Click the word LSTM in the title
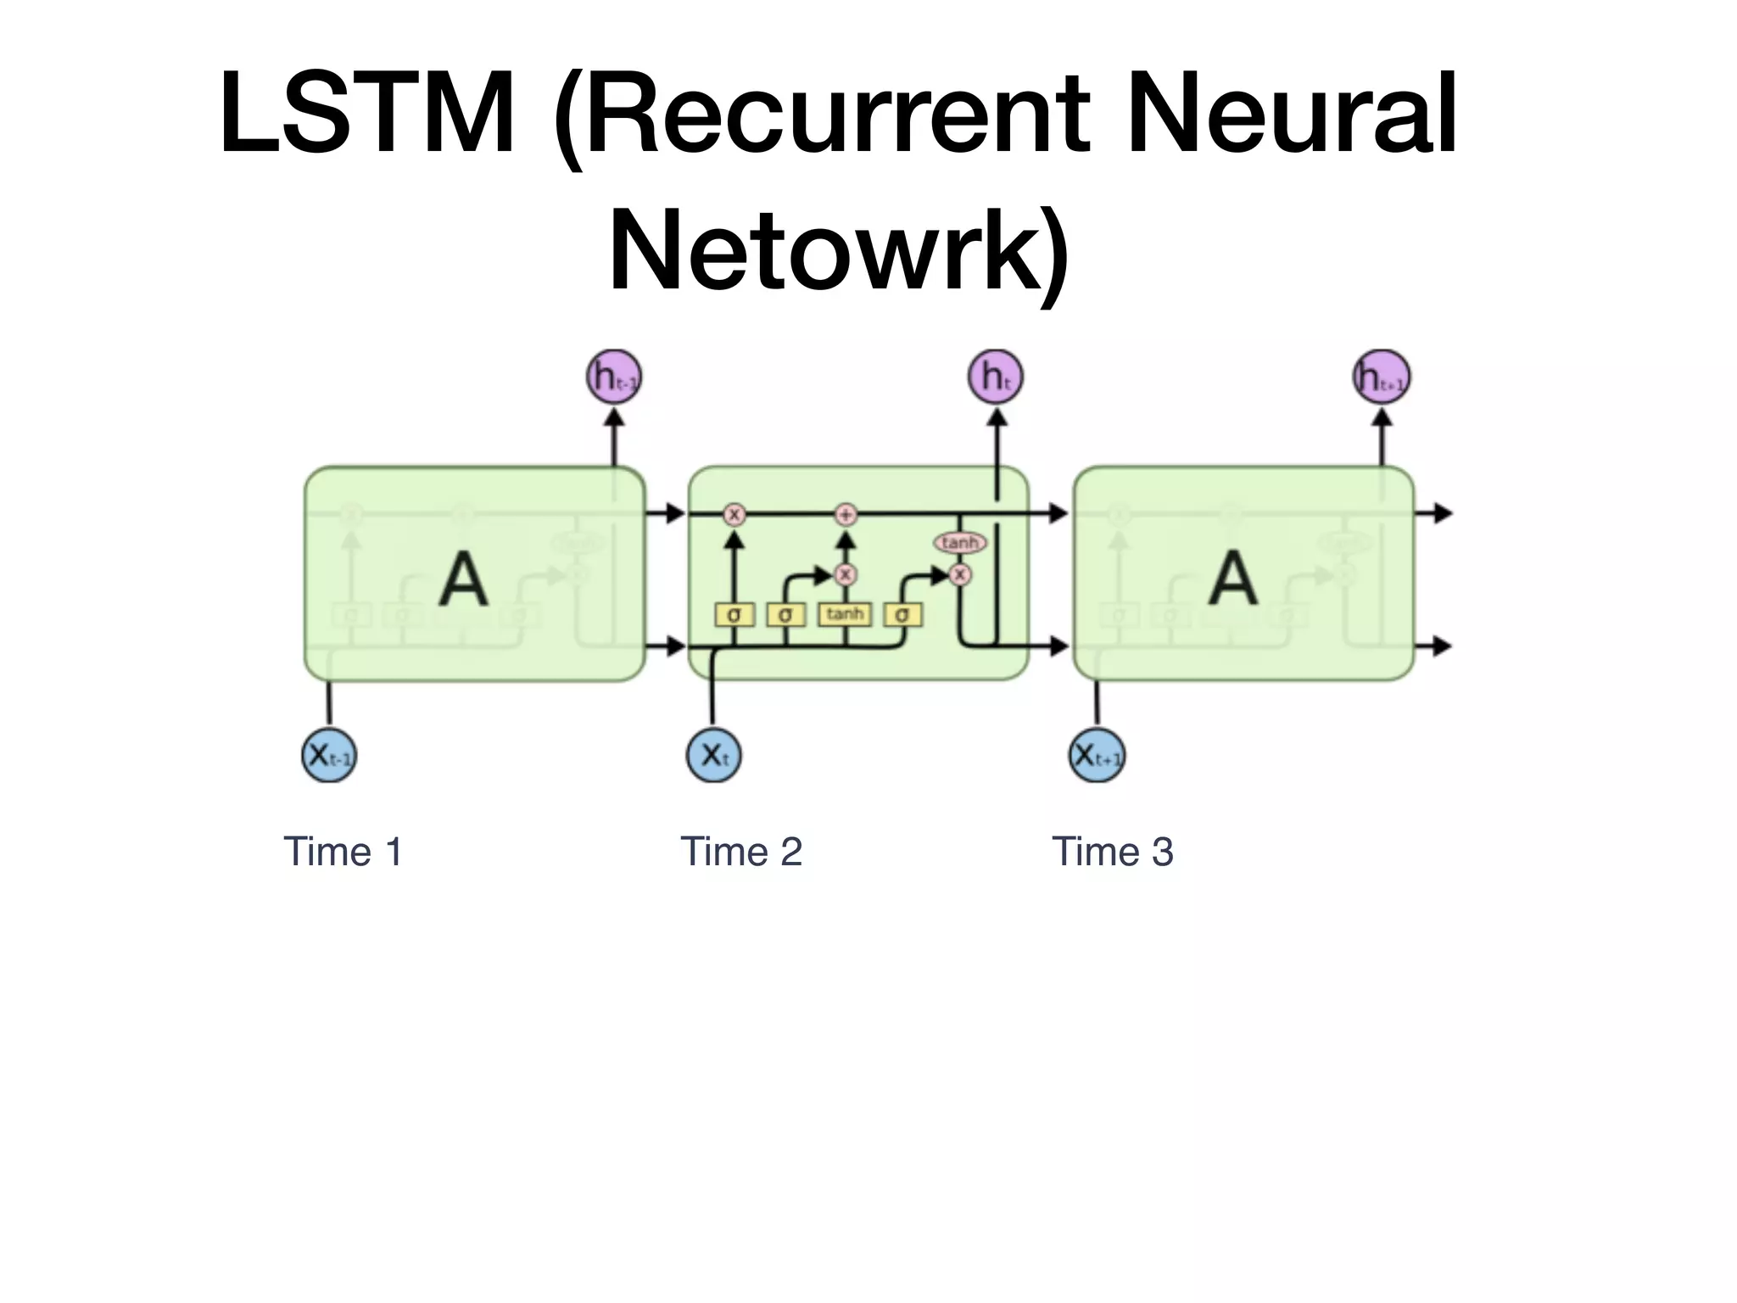tap(366, 115)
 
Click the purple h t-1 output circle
tap(614, 377)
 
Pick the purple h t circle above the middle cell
tap(996, 377)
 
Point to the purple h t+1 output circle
tap(1381, 377)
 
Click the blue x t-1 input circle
tap(329, 754)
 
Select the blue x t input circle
tap(713, 754)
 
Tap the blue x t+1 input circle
tap(1097, 754)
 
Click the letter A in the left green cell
tap(464, 579)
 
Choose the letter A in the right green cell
tap(1233, 578)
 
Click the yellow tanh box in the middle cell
tap(845, 614)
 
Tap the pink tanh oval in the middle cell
tap(960, 542)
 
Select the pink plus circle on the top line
tap(846, 514)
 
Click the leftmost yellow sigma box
tap(734, 614)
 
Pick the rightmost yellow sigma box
tap(902, 614)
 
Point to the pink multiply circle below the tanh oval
tap(959, 574)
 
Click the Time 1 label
tap(343, 852)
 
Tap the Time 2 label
tap(741, 852)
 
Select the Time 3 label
tap(1112, 852)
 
